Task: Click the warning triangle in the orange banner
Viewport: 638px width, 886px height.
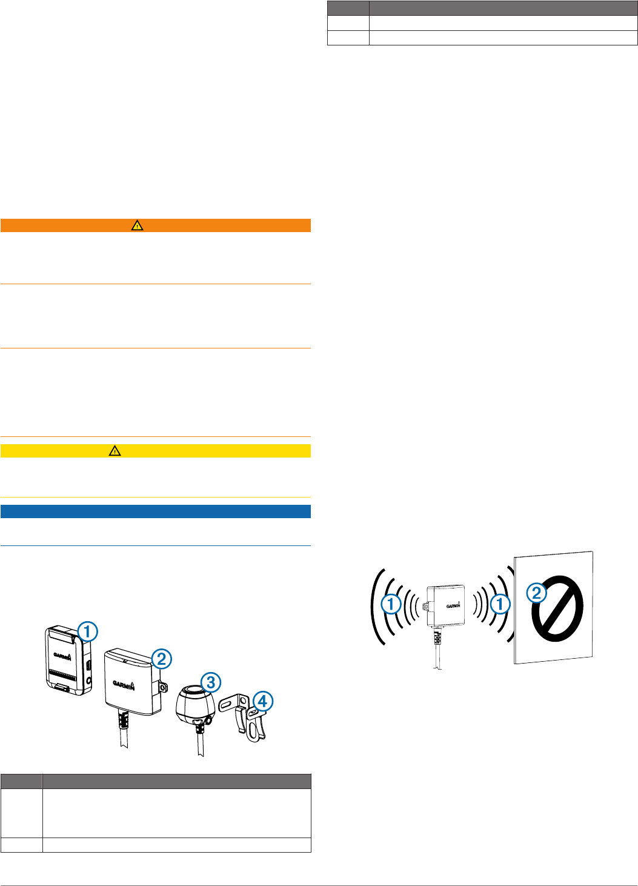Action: click(x=138, y=225)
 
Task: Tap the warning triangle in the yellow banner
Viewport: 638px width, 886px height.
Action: click(x=115, y=451)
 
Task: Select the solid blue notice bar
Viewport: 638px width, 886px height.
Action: click(x=156, y=511)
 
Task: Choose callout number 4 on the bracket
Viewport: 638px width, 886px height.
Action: click(x=262, y=702)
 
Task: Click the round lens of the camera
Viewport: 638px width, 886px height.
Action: click(x=194, y=691)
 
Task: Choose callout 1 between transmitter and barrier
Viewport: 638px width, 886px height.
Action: click(x=500, y=604)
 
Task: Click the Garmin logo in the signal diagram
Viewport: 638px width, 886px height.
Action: click(x=453, y=605)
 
